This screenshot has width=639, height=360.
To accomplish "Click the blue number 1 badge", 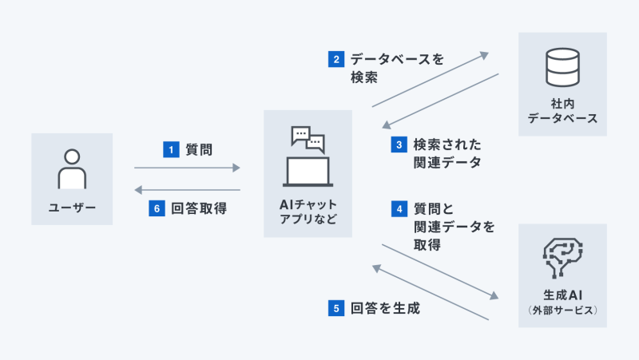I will click(x=169, y=148).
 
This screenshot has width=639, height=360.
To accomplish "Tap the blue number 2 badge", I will click(x=336, y=59).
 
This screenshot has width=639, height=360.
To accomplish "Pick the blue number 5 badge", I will click(x=336, y=307).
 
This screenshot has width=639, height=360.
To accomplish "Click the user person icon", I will click(x=72, y=170).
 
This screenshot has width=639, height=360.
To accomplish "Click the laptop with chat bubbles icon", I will click(x=308, y=156).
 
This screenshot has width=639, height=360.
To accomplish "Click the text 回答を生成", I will click(x=385, y=307).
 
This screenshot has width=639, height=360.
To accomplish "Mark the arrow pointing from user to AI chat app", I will click(x=187, y=168).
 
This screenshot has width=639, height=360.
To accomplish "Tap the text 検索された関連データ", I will click(x=447, y=153).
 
